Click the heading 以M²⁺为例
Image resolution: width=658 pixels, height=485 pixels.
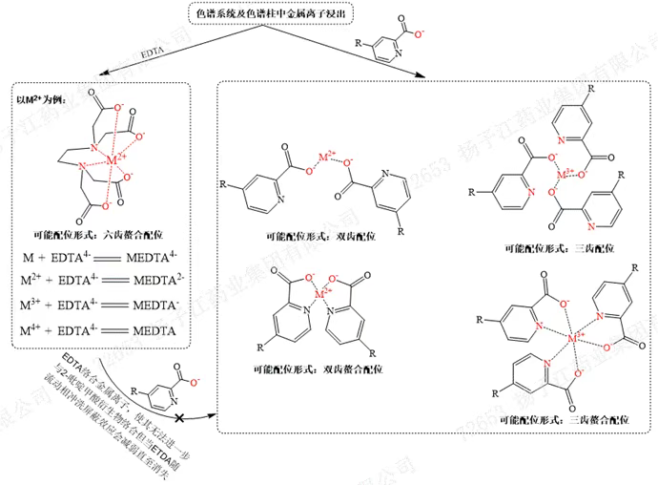[x=41, y=98]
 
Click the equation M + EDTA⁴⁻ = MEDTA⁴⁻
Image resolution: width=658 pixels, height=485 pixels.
[x=101, y=260]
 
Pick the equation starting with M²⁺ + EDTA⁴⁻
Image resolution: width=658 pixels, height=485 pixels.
[x=101, y=284]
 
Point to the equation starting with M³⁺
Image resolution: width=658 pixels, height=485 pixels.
[x=101, y=307]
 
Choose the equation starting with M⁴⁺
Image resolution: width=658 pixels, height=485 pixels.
[x=101, y=331]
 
